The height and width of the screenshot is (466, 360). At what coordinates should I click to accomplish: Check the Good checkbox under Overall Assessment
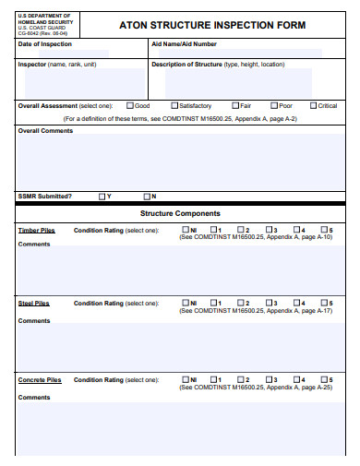(129, 106)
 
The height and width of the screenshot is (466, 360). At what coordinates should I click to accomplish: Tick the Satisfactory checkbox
(174, 106)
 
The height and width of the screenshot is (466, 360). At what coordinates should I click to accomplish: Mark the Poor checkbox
(273, 106)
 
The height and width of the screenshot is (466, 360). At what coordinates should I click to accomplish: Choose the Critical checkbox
(313, 106)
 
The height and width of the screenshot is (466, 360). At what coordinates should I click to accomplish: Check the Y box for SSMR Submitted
(102, 196)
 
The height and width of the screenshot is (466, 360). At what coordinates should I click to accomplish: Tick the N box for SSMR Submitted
(146, 196)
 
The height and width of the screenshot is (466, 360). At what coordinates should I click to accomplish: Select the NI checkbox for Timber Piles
(186, 229)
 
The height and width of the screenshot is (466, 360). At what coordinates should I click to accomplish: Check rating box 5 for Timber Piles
(324, 229)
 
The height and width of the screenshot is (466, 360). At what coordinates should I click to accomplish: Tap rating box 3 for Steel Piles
(269, 303)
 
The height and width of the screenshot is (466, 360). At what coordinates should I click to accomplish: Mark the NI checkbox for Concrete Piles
(186, 379)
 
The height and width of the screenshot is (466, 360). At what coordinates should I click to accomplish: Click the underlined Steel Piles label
(33, 303)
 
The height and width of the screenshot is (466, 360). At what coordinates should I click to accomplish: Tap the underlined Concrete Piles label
(39, 379)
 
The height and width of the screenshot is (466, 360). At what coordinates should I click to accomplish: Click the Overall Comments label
(44, 131)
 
